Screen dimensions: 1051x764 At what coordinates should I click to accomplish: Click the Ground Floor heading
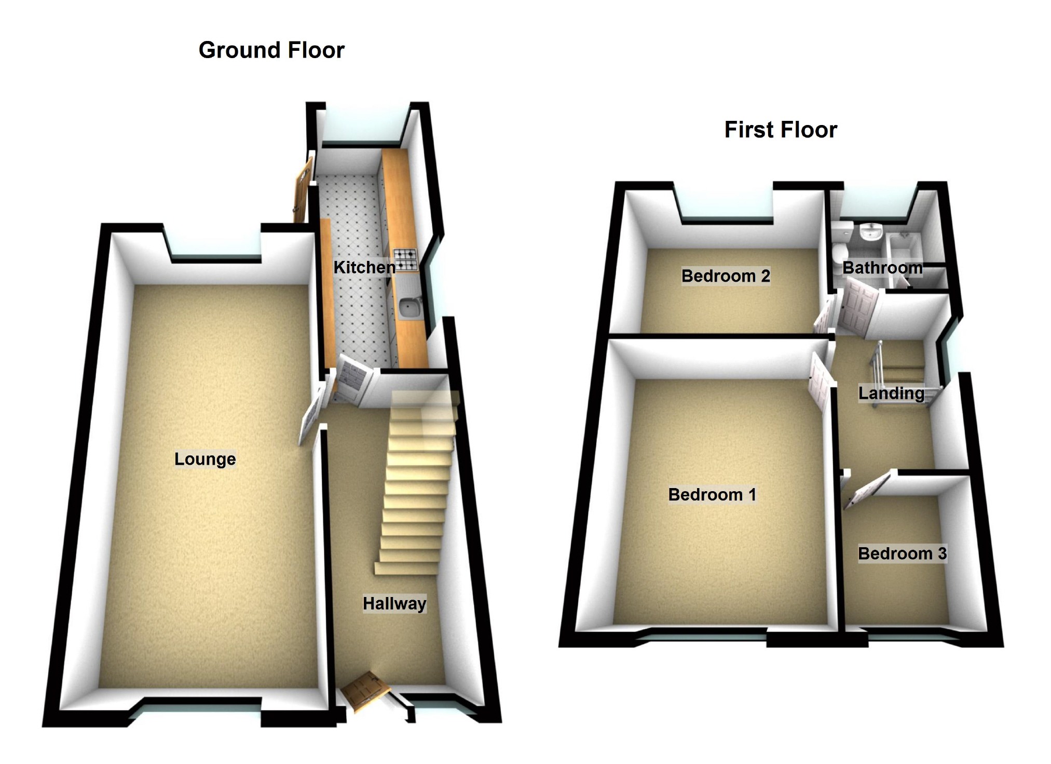coord(271,50)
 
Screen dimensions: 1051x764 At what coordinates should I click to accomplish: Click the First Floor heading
coord(781,130)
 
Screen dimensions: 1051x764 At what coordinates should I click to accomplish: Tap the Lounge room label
coord(205,459)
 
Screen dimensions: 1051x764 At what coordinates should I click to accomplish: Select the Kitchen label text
coord(364,268)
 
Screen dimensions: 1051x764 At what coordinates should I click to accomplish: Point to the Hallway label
coord(394,604)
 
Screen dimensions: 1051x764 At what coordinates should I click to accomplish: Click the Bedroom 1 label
coord(712,495)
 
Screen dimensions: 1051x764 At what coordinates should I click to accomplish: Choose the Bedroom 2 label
coord(726,276)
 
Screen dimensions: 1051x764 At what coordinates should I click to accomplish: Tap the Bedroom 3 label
coord(902,553)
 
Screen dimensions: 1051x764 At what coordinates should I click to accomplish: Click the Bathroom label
coord(882,268)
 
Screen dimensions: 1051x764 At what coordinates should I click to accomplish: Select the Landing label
coord(891,394)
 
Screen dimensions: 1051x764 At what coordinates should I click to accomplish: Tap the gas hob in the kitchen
coord(405,260)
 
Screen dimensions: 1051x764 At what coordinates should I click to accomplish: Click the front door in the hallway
coord(365,690)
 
